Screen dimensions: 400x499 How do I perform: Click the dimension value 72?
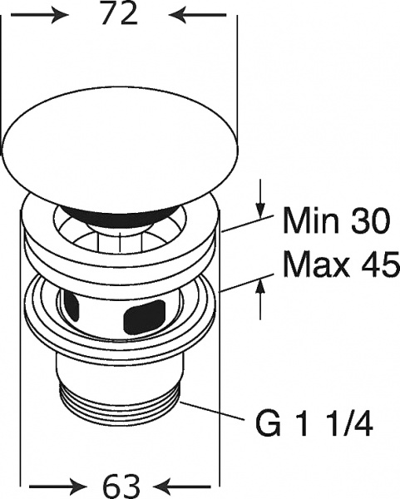point(119,14)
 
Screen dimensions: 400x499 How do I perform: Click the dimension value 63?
point(121,487)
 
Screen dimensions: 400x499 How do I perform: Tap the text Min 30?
point(336,220)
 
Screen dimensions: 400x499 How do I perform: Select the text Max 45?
point(341,264)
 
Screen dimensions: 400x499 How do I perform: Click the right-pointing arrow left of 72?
point(40,15)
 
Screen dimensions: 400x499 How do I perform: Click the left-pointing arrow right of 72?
point(197,15)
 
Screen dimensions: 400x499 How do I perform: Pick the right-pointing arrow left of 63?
point(58,487)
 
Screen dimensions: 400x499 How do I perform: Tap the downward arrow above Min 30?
point(260,198)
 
